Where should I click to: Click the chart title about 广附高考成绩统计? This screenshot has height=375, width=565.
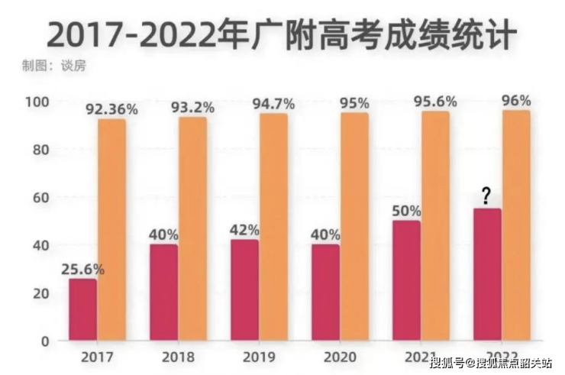pyautogui.click(x=282, y=34)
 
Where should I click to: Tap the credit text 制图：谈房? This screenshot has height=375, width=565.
pyautogui.click(x=54, y=65)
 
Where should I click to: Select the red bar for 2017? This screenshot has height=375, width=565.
pyautogui.click(x=83, y=309)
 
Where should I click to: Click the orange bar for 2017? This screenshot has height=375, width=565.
pyautogui.click(x=111, y=229)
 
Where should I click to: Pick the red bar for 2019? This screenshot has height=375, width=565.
pyautogui.click(x=244, y=290)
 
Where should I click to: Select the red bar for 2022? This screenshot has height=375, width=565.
pyautogui.click(x=487, y=274)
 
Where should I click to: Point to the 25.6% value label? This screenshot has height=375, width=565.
pyautogui.click(x=83, y=269)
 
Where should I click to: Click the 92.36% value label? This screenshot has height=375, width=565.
pyautogui.click(x=112, y=109)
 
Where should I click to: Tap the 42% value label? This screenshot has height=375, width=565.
pyautogui.click(x=244, y=230)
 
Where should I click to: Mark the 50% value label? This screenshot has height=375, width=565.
pyautogui.click(x=406, y=211)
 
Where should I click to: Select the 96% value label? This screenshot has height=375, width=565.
pyautogui.click(x=516, y=101)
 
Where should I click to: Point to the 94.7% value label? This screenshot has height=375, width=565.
pyautogui.click(x=273, y=104)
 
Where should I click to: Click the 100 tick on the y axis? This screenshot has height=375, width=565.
pyautogui.click(x=37, y=102)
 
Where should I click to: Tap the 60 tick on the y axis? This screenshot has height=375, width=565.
pyautogui.click(x=40, y=198)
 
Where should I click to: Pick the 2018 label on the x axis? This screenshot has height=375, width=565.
pyautogui.click(x=179, y=357)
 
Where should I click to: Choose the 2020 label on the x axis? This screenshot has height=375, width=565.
pyautogui.click(x=341, y=357)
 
